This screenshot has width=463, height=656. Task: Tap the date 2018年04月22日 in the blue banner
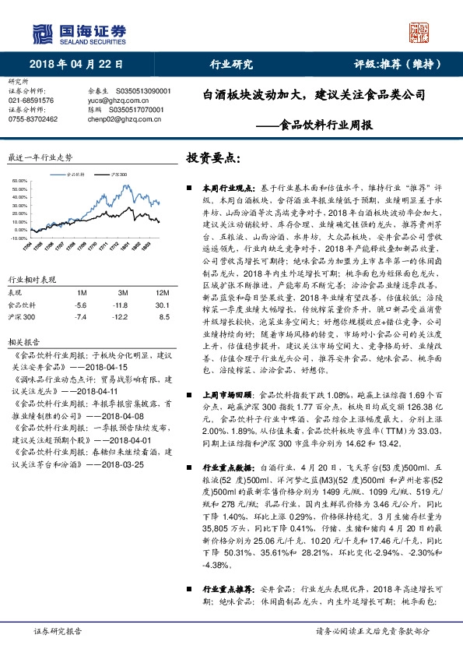[x=68, y=64]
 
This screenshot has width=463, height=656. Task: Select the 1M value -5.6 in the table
[x=81, y=305]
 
